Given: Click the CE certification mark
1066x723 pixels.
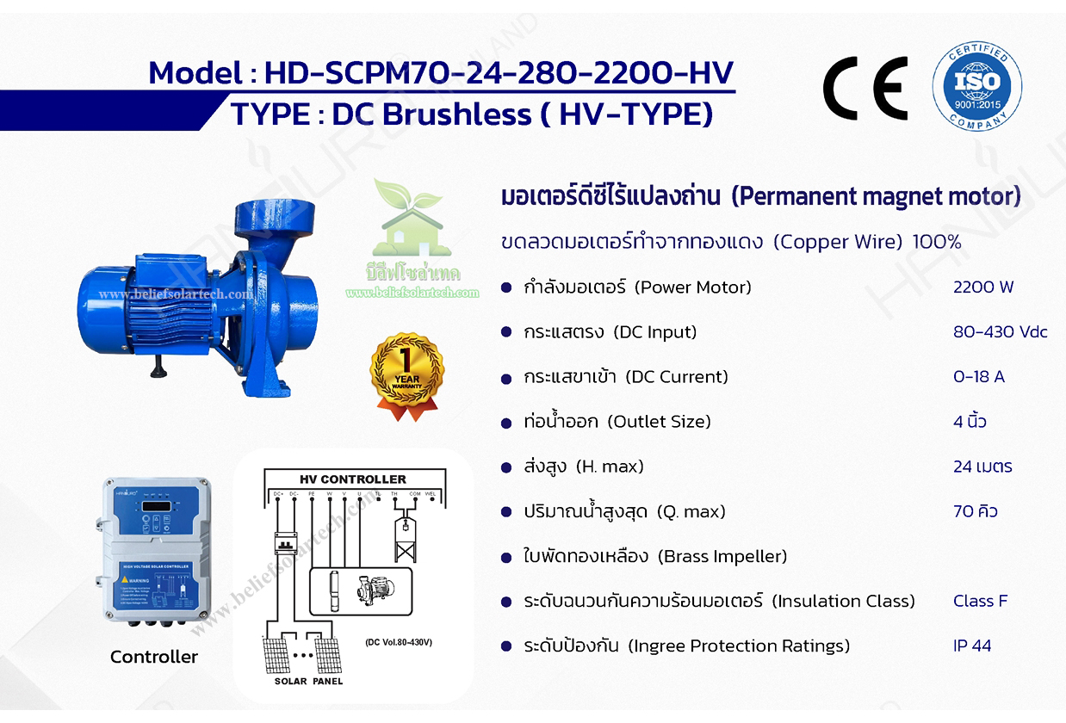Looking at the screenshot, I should [864, 88].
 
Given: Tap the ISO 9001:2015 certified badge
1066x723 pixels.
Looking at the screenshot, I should [977, 86].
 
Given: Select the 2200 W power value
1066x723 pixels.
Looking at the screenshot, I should [983, 287].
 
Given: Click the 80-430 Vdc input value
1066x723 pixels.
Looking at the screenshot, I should [1000, 332].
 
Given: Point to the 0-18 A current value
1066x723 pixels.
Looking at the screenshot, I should [978, 377].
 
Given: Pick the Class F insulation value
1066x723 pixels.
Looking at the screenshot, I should [980, 601].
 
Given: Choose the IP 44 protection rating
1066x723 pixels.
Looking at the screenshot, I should [972, 646].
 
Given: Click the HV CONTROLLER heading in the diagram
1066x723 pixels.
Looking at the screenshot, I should [352, 479].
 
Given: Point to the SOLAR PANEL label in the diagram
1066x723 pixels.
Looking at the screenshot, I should [308, 681].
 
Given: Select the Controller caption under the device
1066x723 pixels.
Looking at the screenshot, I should [154, 657].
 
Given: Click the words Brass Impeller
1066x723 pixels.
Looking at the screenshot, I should [722, 556].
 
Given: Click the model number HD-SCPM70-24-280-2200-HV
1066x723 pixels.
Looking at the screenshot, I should [499, 72].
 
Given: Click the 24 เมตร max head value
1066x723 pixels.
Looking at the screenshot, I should [982, 467].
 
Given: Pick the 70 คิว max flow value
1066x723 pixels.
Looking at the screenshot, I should [976, 511].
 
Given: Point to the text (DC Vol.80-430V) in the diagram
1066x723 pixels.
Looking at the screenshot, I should [398, 642].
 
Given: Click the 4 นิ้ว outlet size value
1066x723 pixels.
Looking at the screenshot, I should [970, 422].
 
